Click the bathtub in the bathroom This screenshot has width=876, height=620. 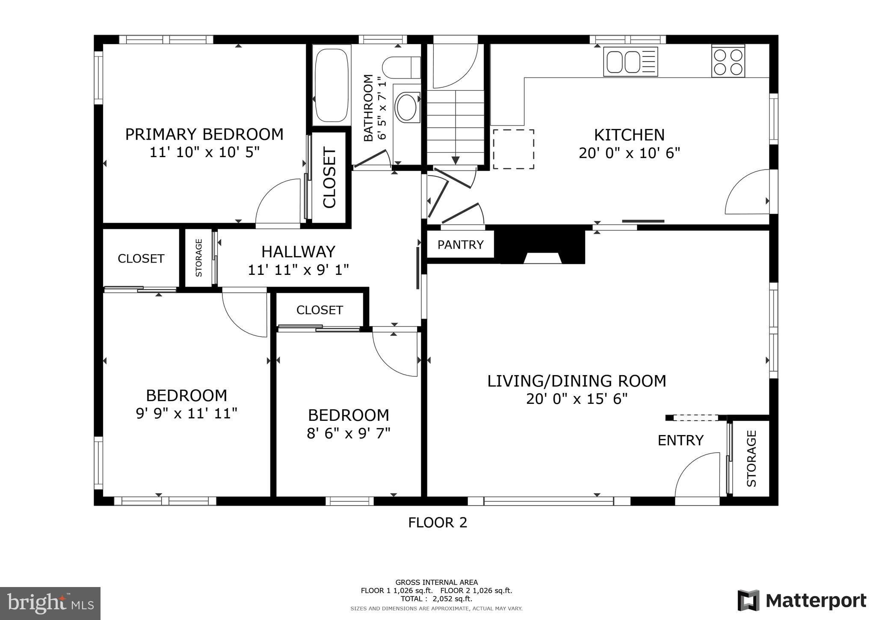331,85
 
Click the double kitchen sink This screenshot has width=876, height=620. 630,62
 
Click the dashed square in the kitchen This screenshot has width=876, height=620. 513,149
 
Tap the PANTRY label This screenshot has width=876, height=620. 460,244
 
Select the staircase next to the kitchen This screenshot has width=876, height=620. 455,126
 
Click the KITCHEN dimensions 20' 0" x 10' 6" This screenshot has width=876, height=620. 629,153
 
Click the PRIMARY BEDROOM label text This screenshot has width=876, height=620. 204,134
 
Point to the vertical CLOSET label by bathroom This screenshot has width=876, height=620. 329,177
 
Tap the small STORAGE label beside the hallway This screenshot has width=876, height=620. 198,258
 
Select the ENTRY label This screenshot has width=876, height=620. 680,440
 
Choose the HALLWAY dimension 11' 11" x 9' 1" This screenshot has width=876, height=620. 298,270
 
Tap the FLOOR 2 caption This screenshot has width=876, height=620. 437,522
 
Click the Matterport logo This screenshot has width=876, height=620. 802,600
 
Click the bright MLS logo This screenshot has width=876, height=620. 50,603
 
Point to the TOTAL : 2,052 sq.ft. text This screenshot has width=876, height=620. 436,599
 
